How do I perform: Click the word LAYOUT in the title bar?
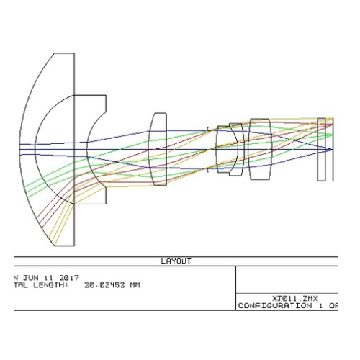click(176, 261)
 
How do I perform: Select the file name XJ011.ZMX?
click(294, 299)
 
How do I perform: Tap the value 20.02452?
click(104, 285)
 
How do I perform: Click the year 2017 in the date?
click(69, 278)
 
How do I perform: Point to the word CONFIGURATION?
click(275, 306)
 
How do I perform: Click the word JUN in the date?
click(30, 278)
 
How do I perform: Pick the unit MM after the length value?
click(135, 285)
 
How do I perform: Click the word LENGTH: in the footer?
click(50, 285)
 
